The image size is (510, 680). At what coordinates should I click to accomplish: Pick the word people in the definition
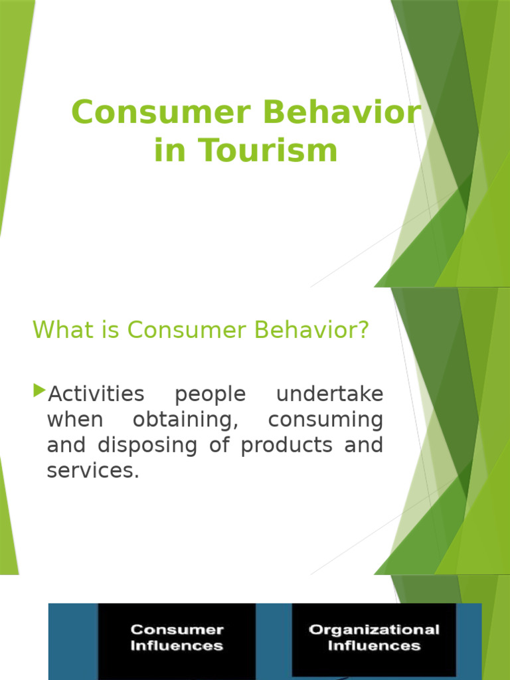click(x=210, y=394)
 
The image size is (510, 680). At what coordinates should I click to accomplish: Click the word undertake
click(x=329, y=394)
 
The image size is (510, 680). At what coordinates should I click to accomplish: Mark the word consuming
click(x=325, y=420)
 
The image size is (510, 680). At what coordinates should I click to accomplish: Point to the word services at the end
click(x=92, y=471)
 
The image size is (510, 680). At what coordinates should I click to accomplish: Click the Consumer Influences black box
click(x=177, y=637)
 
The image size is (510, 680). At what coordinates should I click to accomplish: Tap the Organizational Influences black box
click(x=374, y=637)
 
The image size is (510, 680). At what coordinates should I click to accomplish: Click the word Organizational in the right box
click(x=374, y=630)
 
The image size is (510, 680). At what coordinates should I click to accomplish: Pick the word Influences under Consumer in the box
click(x=177, y=646)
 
